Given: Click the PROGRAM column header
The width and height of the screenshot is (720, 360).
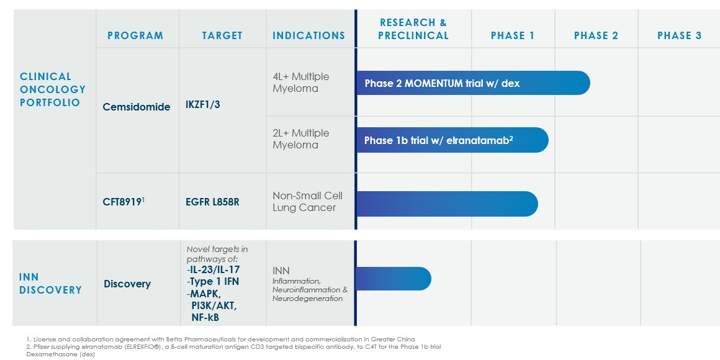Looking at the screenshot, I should (x=135, y=35).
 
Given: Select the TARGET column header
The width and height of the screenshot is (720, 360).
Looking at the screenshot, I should (x=222, y=35).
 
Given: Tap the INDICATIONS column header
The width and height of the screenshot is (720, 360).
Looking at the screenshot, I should (x=308, y=35).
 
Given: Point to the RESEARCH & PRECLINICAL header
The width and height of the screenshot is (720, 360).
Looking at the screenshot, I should (x=413, y=29).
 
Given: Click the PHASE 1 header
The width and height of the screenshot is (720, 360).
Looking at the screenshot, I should (x=513, y=35).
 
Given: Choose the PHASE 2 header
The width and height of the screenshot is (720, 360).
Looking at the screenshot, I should (x=596, y=35).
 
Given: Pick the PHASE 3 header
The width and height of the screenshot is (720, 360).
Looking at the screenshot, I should (x=679, y=35).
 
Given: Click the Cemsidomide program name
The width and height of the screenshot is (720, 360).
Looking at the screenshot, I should (x=137, y=107).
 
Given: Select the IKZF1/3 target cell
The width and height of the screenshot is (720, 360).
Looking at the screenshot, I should (x=202, y=105).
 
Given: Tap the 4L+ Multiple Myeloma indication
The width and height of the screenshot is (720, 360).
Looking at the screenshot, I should (x=301, y=83).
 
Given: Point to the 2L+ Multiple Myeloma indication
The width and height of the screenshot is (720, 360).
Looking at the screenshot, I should (x=301, y=139).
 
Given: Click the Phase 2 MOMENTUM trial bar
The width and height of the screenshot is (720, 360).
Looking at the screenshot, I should (x=472, y=83).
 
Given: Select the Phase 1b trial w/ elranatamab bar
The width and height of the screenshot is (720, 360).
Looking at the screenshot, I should (x=451, y=140).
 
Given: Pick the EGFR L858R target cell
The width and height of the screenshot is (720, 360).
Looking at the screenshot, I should (x=212, y=202).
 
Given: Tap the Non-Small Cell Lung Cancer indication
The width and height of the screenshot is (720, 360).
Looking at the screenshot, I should (x=307, y=202).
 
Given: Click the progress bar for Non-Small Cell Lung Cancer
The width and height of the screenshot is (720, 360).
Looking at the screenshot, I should (x=447, y=204).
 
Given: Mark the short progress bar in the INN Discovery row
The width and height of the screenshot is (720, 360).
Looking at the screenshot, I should (x=393, y=279).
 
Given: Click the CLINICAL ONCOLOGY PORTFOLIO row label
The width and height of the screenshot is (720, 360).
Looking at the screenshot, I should (x=53, y=89).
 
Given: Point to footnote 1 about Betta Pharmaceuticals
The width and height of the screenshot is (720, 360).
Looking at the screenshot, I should (x=220, y=339).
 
